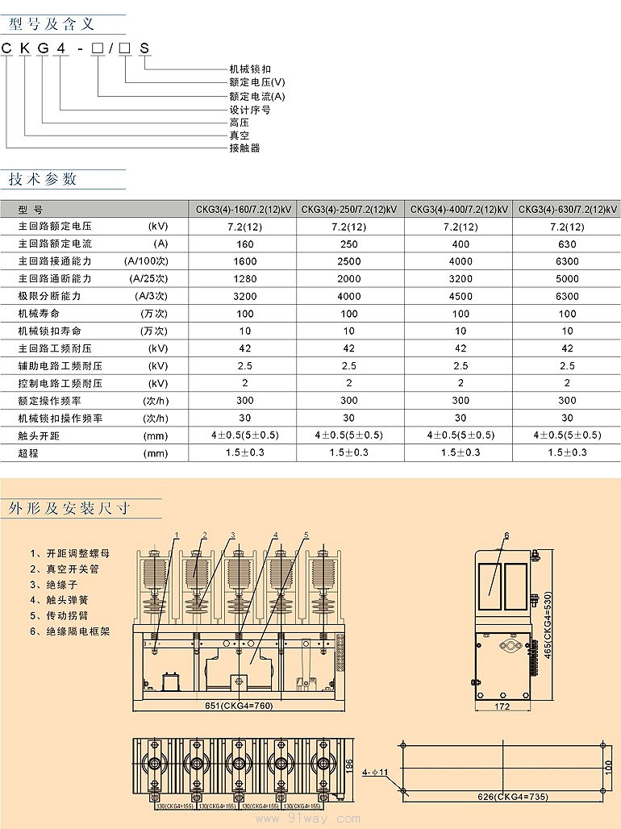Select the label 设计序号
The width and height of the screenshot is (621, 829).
point(249,110)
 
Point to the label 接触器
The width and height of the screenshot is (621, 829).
point(244,148)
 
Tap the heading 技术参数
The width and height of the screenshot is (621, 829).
point(43,178)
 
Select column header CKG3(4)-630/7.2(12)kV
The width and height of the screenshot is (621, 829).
point(567,210)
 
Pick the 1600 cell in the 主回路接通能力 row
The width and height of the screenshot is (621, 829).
point(244,261)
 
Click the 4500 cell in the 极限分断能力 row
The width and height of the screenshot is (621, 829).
point(461,296)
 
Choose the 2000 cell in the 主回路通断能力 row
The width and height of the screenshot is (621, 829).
point(348,279)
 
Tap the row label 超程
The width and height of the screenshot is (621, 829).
point(29,453)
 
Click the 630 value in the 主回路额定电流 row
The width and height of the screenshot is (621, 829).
point(567,244)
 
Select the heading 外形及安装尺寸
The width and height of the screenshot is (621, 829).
point(69,509)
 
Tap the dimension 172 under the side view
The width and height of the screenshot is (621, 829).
point(502,707)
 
